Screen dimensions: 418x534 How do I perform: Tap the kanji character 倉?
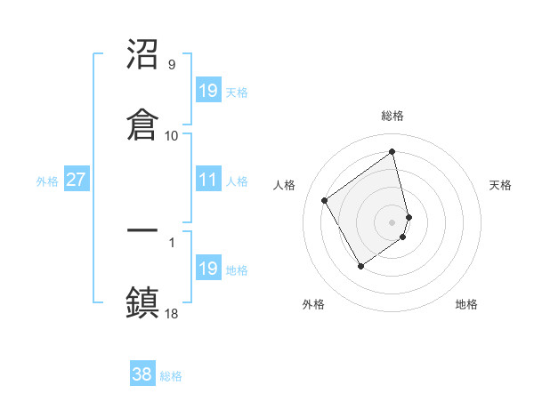(143, 124)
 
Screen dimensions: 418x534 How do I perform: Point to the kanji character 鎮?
(143, 301)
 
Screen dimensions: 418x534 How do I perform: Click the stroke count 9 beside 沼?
(171, 65)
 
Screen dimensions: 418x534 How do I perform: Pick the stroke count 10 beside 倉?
(172, 135)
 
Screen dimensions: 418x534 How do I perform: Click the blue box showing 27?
(77, 181)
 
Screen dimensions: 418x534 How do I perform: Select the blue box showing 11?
(208, 181)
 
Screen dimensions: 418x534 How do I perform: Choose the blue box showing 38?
(142, 374)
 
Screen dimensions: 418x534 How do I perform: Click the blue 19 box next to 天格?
(208, 91)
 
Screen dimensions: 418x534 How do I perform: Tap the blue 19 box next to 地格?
(208, 269)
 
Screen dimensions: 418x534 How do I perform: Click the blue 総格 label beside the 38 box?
(171, 376)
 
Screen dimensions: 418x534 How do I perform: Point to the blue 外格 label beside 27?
(47, 181)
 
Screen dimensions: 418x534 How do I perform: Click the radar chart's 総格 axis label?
(392, 116)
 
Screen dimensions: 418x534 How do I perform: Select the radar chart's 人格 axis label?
(285, 185)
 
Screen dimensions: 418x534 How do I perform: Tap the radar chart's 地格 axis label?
(466, 304)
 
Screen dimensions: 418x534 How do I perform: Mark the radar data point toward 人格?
(325, 200)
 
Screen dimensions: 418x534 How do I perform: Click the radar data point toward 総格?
(392, 151)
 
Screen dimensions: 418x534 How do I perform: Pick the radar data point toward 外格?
(360, 265)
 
